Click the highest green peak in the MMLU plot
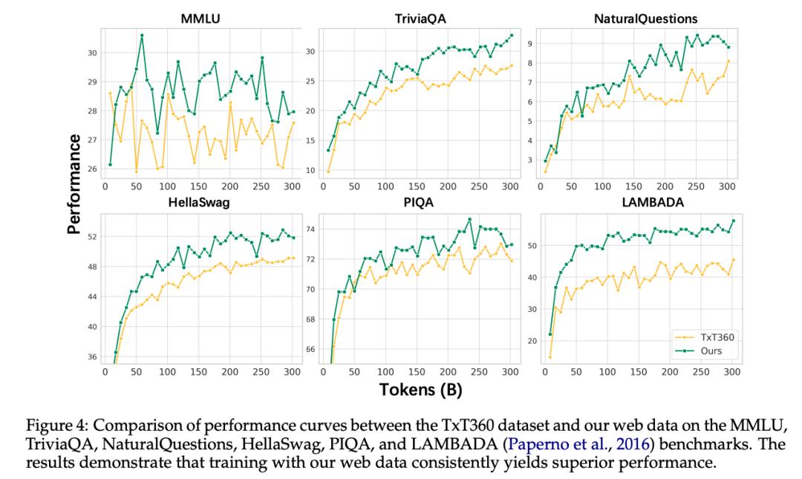point(142,35)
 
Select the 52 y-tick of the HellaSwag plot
point(92,237)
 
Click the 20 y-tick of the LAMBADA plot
point(529,341)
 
